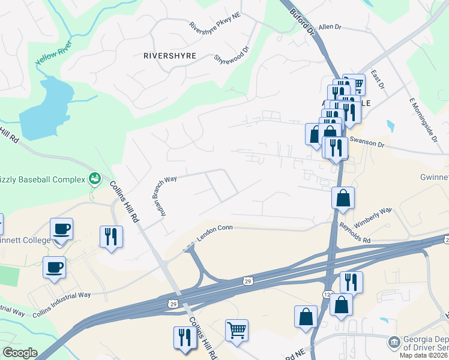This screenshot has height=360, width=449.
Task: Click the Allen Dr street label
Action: [x=330, y=27]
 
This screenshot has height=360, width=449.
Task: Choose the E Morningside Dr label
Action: [x=424, y=120]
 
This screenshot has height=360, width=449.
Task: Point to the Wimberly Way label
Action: [x=372, y=217]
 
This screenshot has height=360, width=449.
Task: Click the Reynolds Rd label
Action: [x=354, y=232]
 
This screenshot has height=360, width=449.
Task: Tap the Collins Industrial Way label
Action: [x=61, y=304]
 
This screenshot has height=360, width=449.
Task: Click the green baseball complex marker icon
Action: [x=94, y=178]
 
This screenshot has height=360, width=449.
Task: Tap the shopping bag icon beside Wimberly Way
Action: [x=343, y=199]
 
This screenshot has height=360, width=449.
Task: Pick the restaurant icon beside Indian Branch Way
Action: [x=111, y=236]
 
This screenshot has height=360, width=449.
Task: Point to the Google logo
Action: [x=19, y=353]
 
